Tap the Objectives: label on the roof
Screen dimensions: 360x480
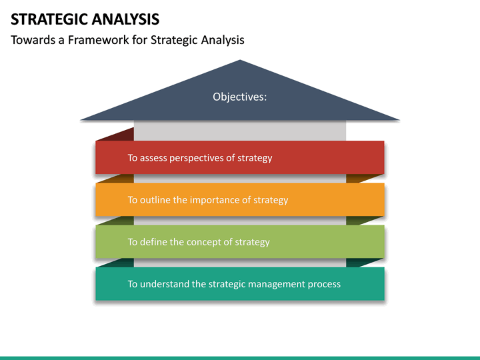[239, 97]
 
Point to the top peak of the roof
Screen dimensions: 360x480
[240, 62]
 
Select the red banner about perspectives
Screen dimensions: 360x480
[240, 158]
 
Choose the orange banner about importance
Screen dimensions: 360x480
[240, 200]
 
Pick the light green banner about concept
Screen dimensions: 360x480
[240, 242]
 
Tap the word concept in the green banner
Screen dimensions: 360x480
[206, 242]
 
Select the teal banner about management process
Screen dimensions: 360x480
[240, 284]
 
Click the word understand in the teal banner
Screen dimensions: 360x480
[165, 284]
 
